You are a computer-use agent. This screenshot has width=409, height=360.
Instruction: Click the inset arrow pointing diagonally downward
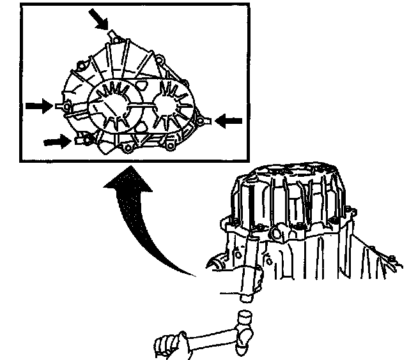pyautogui.click(x=98, y=21)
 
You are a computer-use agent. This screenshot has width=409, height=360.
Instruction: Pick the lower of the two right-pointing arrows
pyautogui.click(x=55, y=139)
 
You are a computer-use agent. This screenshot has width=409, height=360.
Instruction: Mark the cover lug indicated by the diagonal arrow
pyautogui.click(x=112, y=35)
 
